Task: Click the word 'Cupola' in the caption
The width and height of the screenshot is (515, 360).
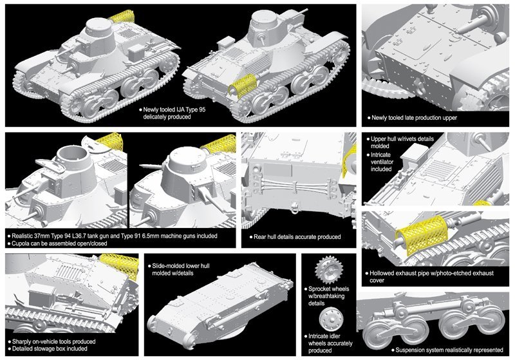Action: point(25,245)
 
